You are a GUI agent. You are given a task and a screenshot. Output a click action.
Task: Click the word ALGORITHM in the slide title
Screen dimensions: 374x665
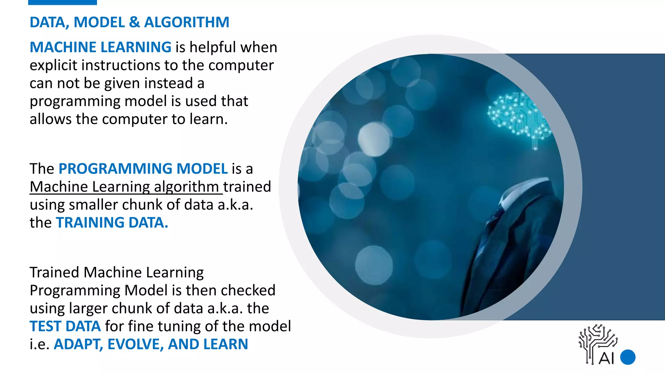point(187,22)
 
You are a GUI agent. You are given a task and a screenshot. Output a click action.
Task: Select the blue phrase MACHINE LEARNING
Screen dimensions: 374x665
point(100,47)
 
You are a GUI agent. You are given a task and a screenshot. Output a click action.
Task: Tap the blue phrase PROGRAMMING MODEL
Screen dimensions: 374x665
point(143,169)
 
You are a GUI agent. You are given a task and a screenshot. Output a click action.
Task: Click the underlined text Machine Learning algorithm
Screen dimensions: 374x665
point(124,187)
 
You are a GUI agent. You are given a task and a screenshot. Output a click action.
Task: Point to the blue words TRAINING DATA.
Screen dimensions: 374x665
point(112,223)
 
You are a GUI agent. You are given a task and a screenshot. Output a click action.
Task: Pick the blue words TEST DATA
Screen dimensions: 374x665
point(65,326)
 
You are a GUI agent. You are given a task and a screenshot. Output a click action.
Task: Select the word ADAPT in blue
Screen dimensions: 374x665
point(78,344)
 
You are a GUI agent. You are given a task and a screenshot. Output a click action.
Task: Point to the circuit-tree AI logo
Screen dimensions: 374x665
point(597,344)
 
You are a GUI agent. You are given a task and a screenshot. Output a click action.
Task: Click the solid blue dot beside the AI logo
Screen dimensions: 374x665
point(628,357)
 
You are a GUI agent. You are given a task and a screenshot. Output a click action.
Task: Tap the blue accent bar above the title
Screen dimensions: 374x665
point(62,2)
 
